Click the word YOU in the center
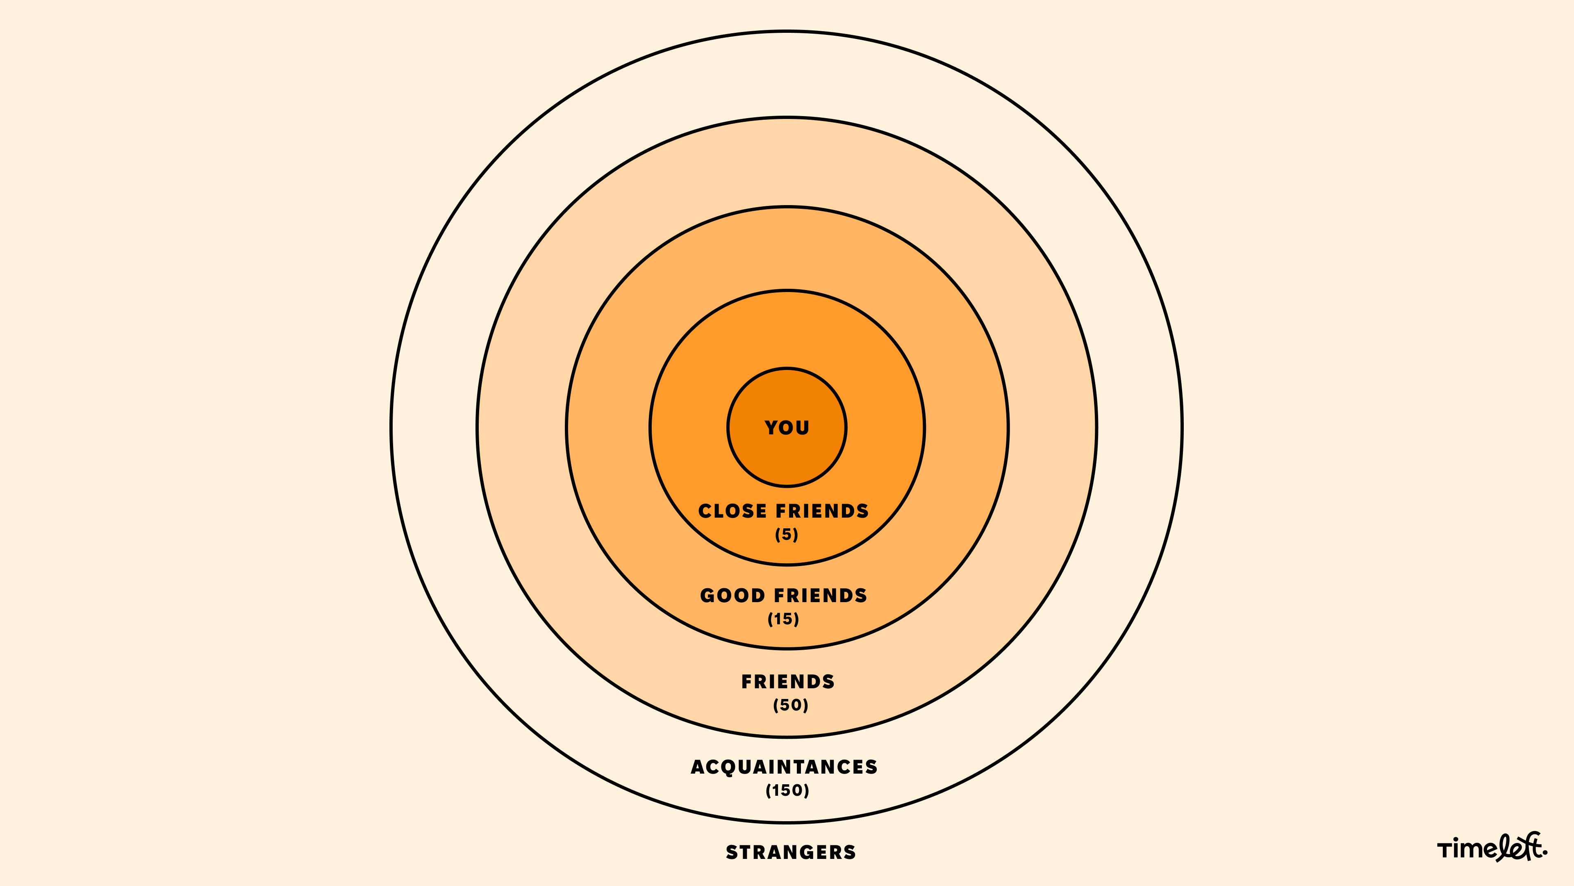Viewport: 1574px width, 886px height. click(x=787, y=427)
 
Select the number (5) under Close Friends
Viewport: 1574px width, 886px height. click(x=787, y=534)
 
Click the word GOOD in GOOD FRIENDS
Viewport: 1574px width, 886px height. click(x=732, y=596)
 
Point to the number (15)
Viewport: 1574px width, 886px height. click(x=783, y=619)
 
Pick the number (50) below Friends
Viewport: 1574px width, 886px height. click(x=791, y=705)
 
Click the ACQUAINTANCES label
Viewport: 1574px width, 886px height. click(x=784, y=767)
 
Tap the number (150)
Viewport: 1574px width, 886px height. click(x=787, y=790)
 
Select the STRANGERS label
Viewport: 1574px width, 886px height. click(x=791, y=852)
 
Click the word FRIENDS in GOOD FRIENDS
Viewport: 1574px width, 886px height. click(x=821, y=596)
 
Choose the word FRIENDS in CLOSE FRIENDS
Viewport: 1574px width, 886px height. click(x=822, y=511)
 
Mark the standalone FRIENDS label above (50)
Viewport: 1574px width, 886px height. click(x=787, y=682)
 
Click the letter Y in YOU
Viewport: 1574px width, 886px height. click(x=771, y=427)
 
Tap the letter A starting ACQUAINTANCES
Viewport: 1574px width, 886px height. click(x=698, y=767)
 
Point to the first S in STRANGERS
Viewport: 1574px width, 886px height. click(x=731, y=852)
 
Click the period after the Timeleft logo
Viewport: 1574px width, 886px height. click(x=1544, y=854)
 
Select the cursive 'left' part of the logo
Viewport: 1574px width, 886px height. click(x=1518, y=847)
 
